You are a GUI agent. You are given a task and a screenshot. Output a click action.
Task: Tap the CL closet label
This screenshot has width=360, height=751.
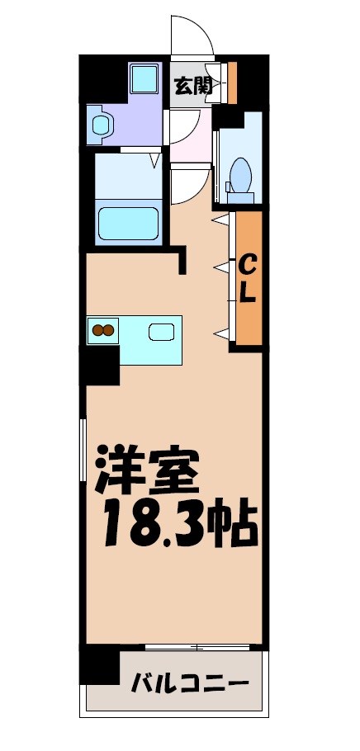pos(247,278)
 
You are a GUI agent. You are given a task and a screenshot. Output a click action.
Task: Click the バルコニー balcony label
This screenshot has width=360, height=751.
pos(190,683)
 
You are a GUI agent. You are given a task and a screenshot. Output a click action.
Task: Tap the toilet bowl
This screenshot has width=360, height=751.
pos(240,175)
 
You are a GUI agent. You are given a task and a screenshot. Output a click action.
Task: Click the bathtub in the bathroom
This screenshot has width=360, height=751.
pos(128,222)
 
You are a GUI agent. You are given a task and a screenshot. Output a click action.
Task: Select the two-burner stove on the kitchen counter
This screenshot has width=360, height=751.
pos(103,331)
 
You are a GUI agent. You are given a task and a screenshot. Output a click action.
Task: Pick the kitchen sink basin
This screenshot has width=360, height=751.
pos(161,332)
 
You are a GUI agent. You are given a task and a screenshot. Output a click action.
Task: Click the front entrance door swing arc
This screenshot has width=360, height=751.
pos(192,37)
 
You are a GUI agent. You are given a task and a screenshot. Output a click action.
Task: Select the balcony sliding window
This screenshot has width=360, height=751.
pos(197,646)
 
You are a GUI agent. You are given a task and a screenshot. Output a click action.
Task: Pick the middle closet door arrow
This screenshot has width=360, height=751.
pos(220,267)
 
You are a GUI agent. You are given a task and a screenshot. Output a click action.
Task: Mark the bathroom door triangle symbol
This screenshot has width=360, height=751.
pos(154,158)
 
